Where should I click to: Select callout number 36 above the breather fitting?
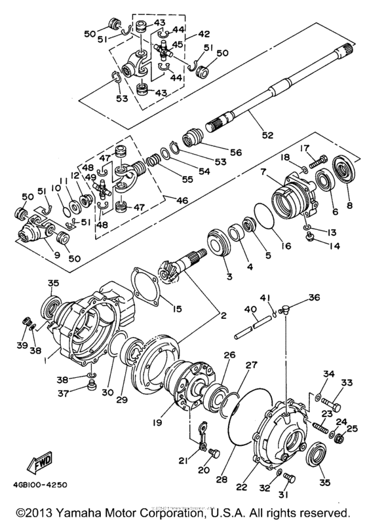tap(316, 297)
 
